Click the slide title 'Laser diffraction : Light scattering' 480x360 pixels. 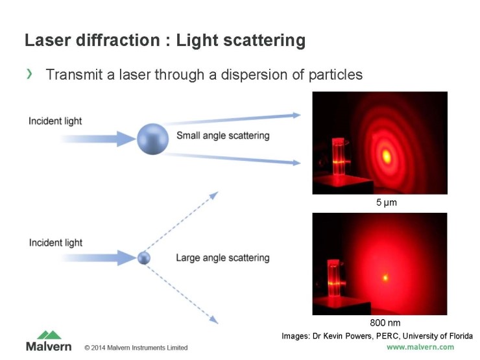pyautogui.click(x=165, y=41)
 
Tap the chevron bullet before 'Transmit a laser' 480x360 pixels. pyautogui.click(x=29, y=75)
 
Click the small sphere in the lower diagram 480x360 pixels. pyautogui.click(x=143, y=258)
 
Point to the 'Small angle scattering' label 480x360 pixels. pyautogui.click(x=222, y=136)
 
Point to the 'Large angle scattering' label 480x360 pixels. pyautogui.click(x=222, y=258)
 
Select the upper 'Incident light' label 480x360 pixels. pyautogui.click(x=55, y=121)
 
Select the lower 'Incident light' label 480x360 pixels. pyautogui.click(x=55, y=243)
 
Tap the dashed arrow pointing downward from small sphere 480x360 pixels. pyautogui.click(x=182, y=292)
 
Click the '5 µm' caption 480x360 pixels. pyautogui.click(x=387, y=203)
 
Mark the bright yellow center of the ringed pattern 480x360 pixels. pyautogui.click(x=387, y=155)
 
